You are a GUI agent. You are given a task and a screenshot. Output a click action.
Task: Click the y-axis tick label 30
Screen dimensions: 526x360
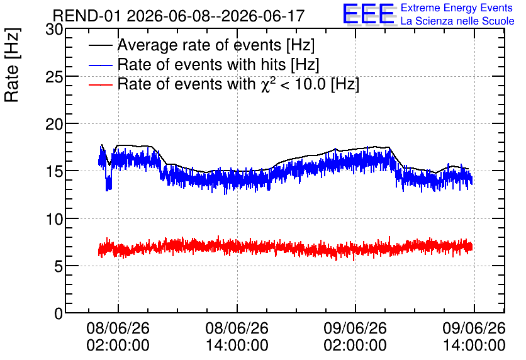tap(54, 30)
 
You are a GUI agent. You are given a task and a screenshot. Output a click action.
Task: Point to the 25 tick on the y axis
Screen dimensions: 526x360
tap(54, 77)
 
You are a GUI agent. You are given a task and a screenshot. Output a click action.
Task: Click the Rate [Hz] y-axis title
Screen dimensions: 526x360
tap(12, 65)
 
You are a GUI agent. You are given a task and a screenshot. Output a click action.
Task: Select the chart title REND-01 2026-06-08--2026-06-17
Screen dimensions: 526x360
tap(179, 16)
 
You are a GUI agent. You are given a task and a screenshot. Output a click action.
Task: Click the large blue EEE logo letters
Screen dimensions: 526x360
tap(369, 14)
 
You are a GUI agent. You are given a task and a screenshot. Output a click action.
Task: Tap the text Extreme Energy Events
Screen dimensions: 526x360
tap(457, 8)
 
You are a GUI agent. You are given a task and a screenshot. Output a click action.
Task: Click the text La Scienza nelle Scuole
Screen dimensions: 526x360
tap(457, 21)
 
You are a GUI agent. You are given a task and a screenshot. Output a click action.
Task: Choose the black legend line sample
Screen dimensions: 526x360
tap(101, 45)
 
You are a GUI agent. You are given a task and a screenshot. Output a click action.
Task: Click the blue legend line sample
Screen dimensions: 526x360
tap(101, 65)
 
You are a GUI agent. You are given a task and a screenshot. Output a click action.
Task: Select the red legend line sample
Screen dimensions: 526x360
tap(101, 84)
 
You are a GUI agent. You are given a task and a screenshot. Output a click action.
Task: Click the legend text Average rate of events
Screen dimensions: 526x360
tap(199, 45)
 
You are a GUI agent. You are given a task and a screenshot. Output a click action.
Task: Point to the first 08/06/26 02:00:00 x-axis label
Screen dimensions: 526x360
tap(118, 337)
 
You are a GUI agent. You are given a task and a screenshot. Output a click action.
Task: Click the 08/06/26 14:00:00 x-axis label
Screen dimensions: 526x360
tap(237, 337)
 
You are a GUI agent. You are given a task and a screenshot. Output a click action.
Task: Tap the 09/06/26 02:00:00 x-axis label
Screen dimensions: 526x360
tap(355, 337)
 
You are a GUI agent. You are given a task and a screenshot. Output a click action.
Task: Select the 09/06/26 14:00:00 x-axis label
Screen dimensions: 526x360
tap(474, 337)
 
